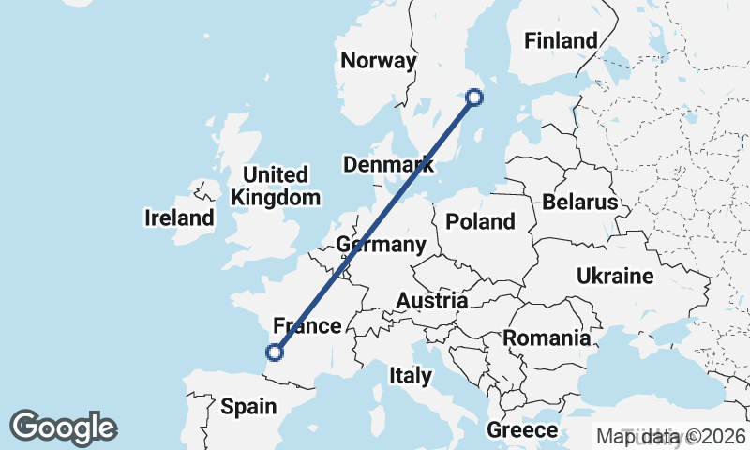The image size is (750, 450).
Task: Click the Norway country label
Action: pyautogui.click(x=378, y=61)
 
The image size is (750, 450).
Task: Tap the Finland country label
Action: pyautogui.click(x=561, y=40)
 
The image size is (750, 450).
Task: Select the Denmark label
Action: pyautogui.click(x=388, y=165)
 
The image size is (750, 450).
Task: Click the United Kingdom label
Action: pyautogui.click(x=276, y=186)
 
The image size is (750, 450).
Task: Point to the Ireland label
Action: pyautogui.click(x=179, y=218)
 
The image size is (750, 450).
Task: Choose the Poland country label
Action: pyautogui.click(x=481, y=221)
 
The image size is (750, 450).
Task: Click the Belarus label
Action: pyautogui.click(x=579, y=202)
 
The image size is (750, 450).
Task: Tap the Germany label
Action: pyautogui.click(x=381, y=245)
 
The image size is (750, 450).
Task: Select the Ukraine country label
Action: pyautogui.click(x=615, y=276)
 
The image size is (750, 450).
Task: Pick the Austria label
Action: pyautogui.click(x=432, y=300)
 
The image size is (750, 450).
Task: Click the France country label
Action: pyautogui.click(x=306, y=326)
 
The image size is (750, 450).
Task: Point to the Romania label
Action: pyautogui.click(x=547, y=337)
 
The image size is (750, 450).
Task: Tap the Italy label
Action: pyautogui.click(x=411, y=376)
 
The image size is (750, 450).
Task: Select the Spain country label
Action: pyautogui.click(x=248, y=406)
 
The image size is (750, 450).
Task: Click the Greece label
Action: pyautogui.click(x=522, y=430)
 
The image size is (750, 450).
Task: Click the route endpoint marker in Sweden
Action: pyautogui.click(x=474, y=97)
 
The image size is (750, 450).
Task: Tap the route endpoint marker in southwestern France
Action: pyautogui.click(x=275, y=352)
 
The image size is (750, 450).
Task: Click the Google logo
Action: pyautogui.click(x=64, y=427)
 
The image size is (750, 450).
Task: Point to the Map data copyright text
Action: pyautogui.click(x=671, y=436)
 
